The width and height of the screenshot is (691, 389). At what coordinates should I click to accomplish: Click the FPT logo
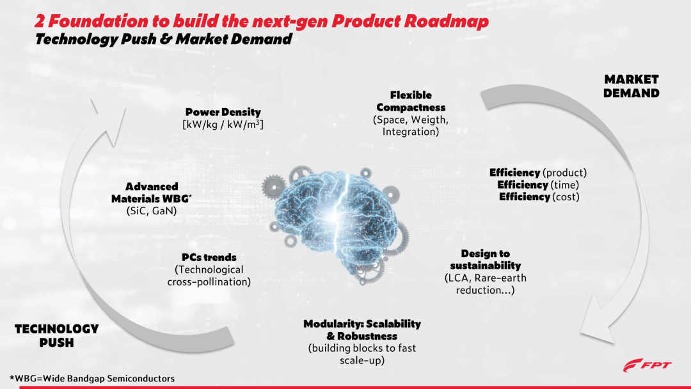[647, 365]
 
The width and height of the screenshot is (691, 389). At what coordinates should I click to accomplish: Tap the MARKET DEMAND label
[631, 86]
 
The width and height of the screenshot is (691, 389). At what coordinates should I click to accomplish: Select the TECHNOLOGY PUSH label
[56, 335]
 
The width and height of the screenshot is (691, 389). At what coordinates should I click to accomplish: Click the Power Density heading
[223, 112]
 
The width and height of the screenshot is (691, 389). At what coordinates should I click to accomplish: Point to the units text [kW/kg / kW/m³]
[223, 124]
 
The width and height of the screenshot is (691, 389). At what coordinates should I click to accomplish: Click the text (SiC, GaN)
[152, 210]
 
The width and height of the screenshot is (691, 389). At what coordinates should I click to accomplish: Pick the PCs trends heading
[209, 257]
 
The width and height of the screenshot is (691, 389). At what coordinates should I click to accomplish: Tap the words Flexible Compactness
[411, 101]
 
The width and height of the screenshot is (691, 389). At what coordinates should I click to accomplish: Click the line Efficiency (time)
[538, 185]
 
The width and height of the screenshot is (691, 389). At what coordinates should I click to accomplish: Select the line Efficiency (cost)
[539, 197]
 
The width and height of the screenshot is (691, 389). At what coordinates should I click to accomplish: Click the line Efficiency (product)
[538, 172]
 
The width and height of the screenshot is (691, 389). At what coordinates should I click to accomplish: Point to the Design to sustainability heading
[485, 260]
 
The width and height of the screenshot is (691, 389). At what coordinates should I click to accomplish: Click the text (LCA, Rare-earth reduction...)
[485, 284]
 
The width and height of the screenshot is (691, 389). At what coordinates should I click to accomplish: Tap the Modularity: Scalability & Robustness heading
[361, 329]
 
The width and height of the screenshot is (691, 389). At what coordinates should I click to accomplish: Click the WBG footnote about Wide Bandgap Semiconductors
[92, 378]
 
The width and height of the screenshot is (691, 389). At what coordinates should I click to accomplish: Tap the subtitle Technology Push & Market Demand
[164, 39]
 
